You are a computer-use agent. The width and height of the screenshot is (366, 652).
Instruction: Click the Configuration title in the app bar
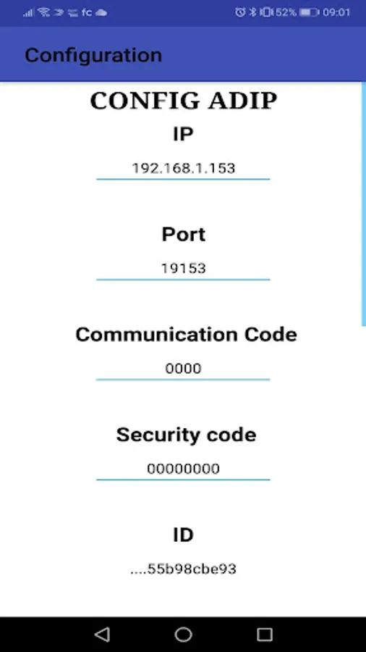[x=93, y=56]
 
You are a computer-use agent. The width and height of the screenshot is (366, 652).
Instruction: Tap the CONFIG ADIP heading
[x=184, y=101]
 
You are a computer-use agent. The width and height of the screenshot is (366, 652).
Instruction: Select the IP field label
[x=183, y=134]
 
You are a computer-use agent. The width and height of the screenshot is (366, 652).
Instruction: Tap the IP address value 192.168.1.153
[x=184, y=168]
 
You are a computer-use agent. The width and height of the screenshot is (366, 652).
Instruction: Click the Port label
[x=184, y=235]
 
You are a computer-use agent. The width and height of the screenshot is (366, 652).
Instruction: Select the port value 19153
[x=184, y=269]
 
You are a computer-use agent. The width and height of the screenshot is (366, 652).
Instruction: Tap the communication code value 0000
[x=184, y=369]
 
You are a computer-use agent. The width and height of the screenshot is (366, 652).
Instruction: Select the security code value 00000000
[x=184, y=469]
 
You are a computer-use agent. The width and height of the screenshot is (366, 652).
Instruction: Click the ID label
[x=183, y=535]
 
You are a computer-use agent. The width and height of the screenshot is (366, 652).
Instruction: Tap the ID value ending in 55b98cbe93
[x=184, y=569]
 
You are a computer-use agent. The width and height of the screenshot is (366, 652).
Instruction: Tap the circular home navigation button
[x=184, y=635]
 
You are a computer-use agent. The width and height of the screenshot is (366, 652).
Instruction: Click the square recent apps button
[x=264, y=635]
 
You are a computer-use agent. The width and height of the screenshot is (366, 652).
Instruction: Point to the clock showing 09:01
[x=336, y=12]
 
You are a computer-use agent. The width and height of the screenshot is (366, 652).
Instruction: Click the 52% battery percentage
[x=286, y=12]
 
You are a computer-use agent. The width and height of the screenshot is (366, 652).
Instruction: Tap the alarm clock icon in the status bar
[x=240, y=12]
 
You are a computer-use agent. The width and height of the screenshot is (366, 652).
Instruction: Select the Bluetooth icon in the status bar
[x=252, y=12]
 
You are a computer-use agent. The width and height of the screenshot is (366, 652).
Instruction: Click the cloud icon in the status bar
[x=101, y=13]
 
